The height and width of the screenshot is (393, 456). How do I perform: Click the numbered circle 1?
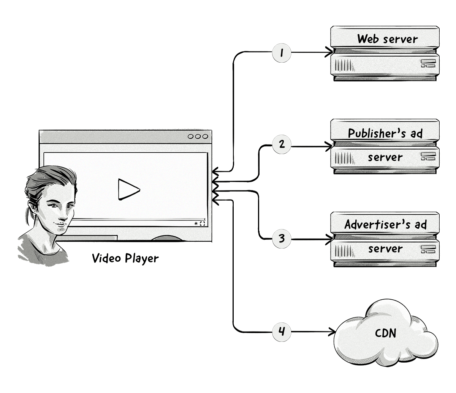click(x=282, y=52)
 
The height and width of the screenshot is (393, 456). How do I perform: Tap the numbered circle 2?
click(x=282, y=145)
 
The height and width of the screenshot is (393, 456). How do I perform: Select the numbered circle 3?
click(x=282, y=239)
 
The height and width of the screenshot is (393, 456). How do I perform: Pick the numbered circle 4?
click(x=282, y=332)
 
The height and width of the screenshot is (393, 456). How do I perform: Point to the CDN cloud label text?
click(x=385, y=333)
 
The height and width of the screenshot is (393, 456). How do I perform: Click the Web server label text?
click(x=387, y=39)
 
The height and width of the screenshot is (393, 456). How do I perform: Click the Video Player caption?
click(x=125, y=258)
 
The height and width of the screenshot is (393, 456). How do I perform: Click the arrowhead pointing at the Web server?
click(x=329, y=52)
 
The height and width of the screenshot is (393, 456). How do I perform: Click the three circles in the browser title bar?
click(x=198, y=137)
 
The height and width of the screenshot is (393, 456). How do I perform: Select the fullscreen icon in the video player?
click(x=202, y=224)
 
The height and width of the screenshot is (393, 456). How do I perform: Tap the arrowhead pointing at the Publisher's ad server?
click(x=329, y=146)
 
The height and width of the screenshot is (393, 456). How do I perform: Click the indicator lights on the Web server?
click(x=427, y=63)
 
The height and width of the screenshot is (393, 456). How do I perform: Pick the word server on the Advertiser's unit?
click(x=385, y=249)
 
